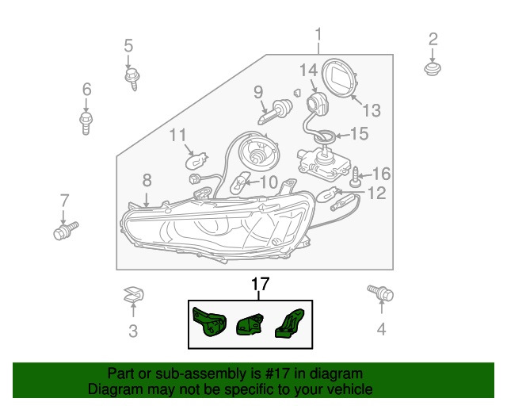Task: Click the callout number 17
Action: [260, 284]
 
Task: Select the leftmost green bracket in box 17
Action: [208, 321]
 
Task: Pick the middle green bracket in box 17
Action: [250, 325]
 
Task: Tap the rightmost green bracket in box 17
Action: [290, 323]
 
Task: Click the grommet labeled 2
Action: [433, 68]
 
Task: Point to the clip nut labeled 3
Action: [134, 295]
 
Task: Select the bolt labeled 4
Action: [380, 293]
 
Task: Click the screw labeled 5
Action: [132, 79]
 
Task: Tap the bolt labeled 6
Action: [86, 123]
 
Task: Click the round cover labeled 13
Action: [340, 78]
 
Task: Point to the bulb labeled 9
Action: [276, 113]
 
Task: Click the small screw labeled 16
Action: [355, 177]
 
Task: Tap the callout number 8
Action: [147, 180]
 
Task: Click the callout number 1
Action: [318, 35]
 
